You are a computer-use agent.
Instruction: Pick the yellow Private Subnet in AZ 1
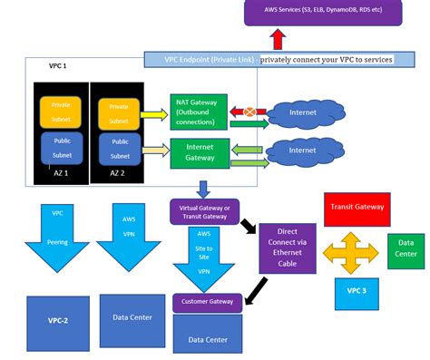(x=61, y=112)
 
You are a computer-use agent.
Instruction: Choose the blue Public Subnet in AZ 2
(x=120, y=149)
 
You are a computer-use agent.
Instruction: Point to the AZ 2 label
(x=119, y=172)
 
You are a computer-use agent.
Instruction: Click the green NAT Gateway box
(x=200, y=111)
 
